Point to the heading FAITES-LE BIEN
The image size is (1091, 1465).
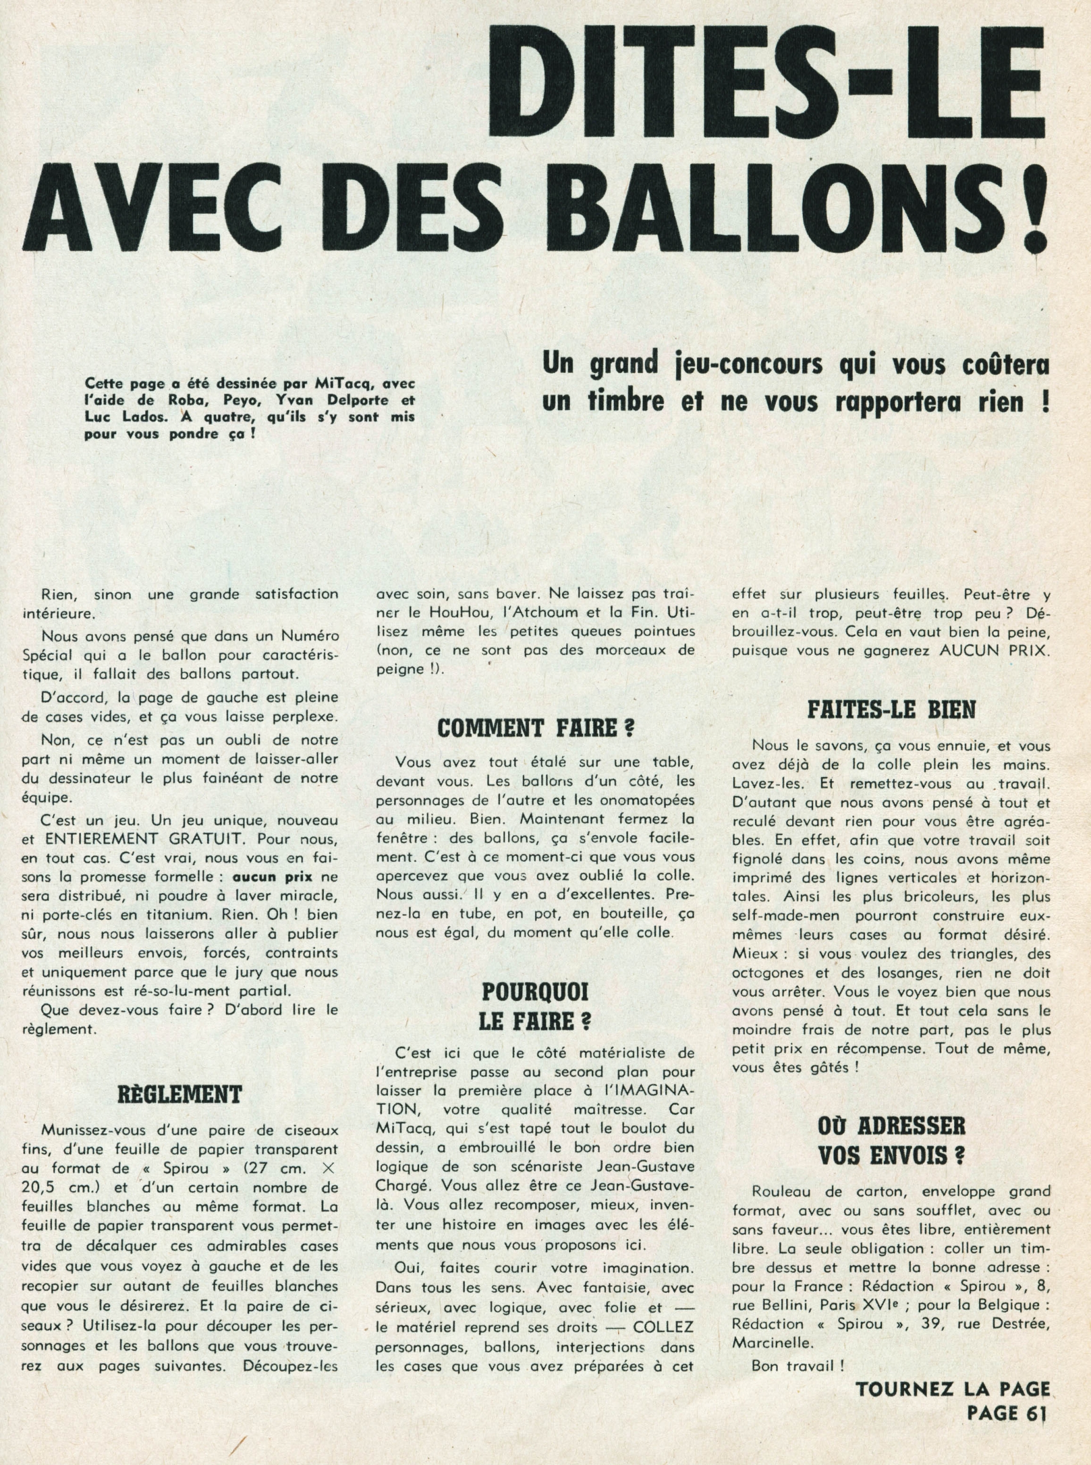click(892, 710)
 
